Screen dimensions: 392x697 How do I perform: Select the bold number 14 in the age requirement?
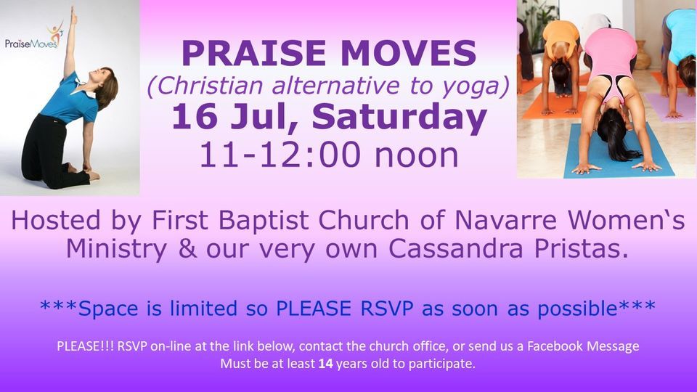tap(326, 364)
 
